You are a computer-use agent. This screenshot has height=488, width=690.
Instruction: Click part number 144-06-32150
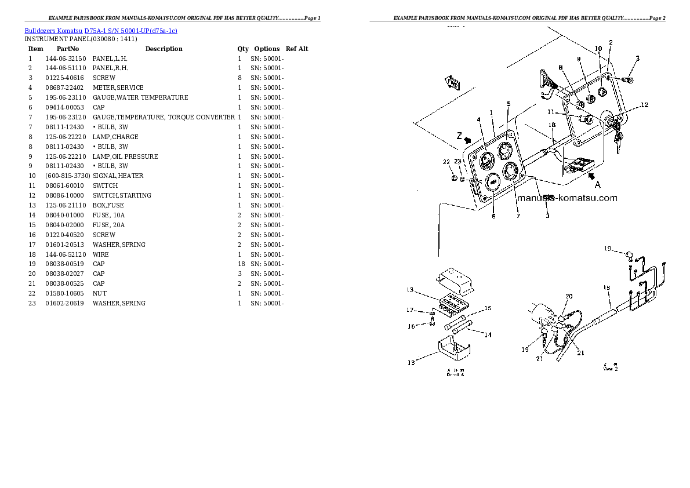click(x=65, y=59)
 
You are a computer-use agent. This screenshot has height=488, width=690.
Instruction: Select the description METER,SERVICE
click(x=118, y=88)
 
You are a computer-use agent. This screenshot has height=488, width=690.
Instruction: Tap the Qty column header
click(x=242, y=49)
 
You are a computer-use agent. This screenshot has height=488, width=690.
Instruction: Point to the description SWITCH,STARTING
click(x=122, y=195)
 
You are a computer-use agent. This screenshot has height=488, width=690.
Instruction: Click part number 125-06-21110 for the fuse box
click(x=65, y=205)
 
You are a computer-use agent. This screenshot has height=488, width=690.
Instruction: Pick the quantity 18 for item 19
click(x=239, y=264)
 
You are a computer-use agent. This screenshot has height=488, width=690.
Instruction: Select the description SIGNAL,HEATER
click(x=118, y=176)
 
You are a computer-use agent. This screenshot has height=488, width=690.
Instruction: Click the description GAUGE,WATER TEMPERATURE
click(x=140, y=97)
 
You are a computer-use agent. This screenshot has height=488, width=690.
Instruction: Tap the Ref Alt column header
click(x=297, y=49)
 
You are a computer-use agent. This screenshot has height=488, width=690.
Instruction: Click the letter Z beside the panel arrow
click(x=459, y=136)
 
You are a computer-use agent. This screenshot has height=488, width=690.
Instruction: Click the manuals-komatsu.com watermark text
click(x=567, y=198)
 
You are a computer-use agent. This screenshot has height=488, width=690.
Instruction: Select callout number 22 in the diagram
click(x=446, y=161)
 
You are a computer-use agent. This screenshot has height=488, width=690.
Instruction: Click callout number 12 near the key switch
click(x=644, y=105)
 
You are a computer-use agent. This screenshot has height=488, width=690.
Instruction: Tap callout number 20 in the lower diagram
click(x=569, y=296)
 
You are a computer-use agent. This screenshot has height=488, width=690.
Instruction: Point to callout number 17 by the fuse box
click(x=411, y=309)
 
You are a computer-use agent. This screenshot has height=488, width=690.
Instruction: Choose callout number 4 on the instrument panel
click(x=479, y=120)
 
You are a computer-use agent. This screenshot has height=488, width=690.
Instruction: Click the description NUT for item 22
click(x=99, y=293)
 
